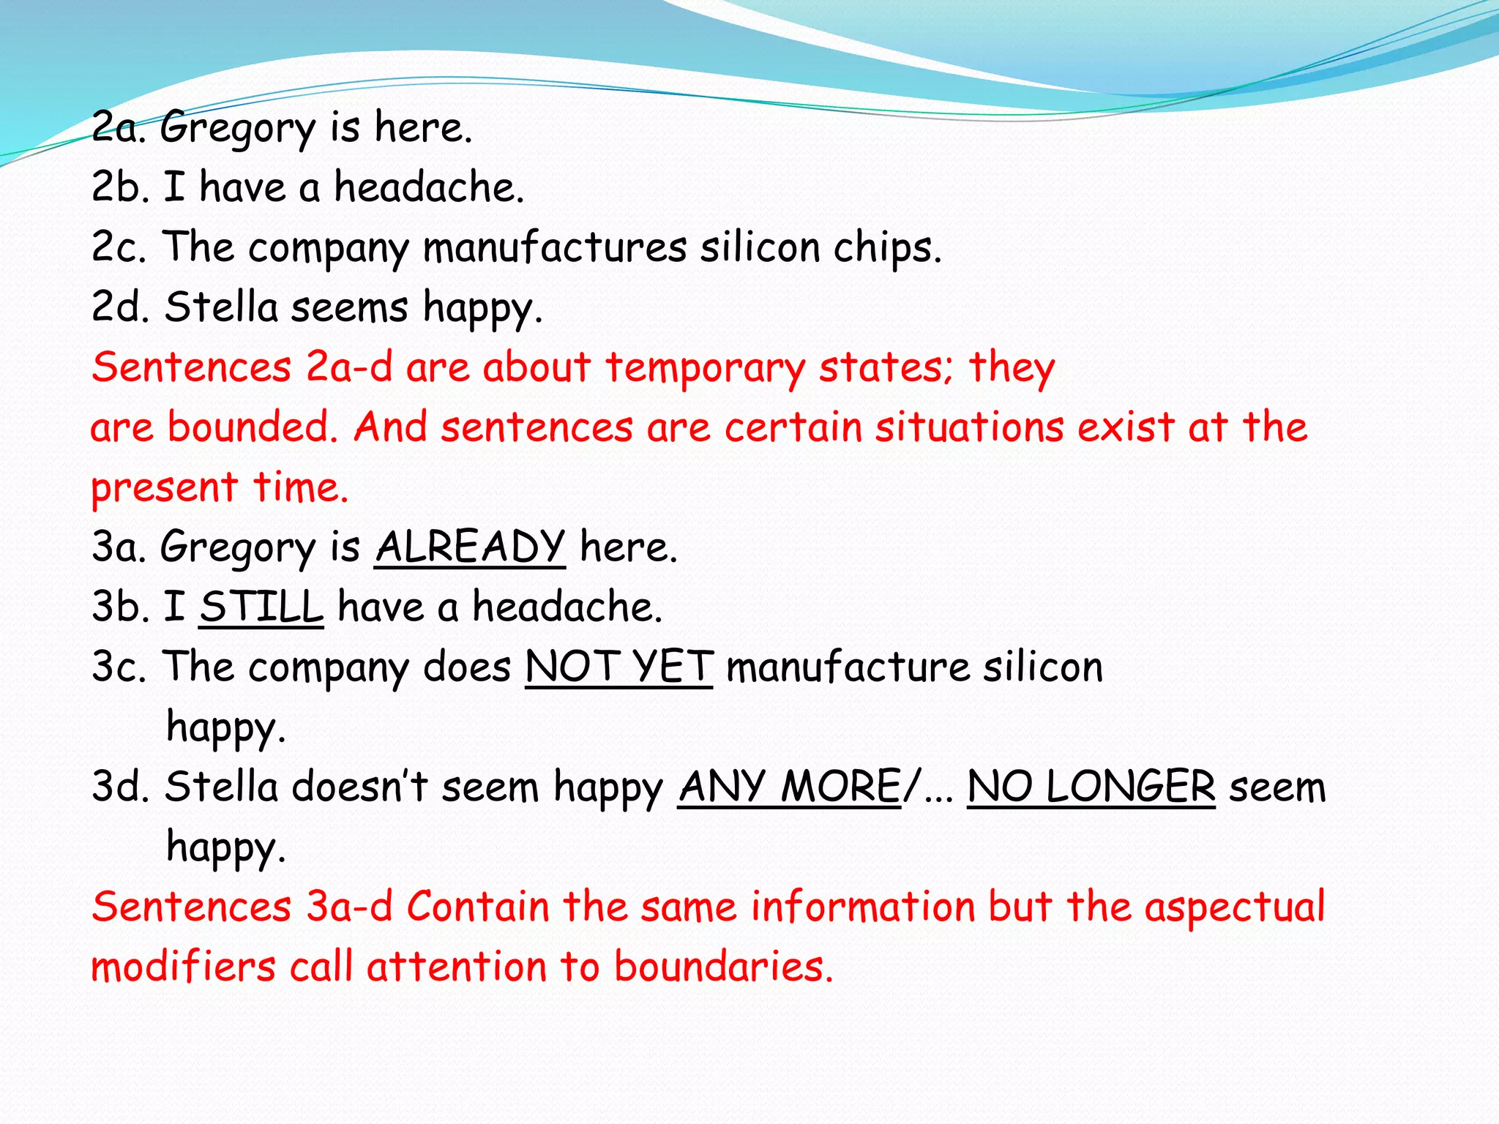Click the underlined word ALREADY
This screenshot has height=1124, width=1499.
point(470,547)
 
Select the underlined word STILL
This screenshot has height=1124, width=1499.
point(261,607)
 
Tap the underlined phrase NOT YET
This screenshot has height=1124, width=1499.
point(618,667)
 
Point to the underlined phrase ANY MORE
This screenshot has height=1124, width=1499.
point(789,787)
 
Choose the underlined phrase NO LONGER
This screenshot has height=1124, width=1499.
point(1091,787)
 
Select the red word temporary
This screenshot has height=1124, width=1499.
point(705,367)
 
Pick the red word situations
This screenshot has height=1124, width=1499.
point(969,427)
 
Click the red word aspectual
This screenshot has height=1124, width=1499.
point(1235,907)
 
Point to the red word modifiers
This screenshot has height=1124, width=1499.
point(183,967)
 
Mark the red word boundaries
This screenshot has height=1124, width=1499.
point(723,967)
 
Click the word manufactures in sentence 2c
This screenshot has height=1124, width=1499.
point(555,247)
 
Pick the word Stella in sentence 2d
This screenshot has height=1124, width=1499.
point(221,307)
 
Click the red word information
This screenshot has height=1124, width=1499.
point(863,907)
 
